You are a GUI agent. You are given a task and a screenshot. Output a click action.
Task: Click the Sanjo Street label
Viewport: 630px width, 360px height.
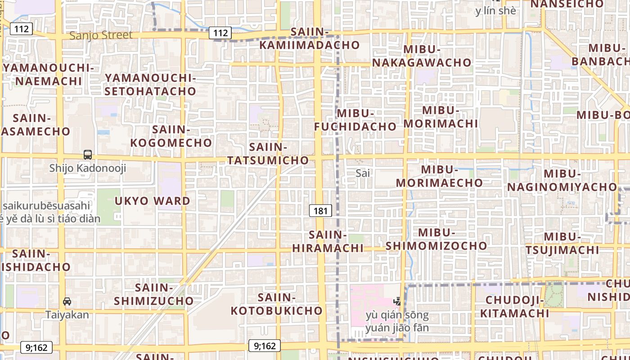click(x=101, y=35)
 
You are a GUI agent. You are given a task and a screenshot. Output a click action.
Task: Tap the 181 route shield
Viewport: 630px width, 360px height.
click(x=320, y=210)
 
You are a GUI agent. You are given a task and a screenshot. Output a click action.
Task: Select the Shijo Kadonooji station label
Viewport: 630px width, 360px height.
click(x=88, y=169)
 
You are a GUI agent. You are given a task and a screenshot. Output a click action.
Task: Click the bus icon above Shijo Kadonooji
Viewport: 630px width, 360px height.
click(x=88, y=155)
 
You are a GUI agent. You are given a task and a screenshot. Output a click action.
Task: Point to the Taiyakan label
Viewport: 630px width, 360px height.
click(x=67, y=315)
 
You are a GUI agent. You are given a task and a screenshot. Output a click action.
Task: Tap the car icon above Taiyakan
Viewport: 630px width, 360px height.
click(x=67, y=301)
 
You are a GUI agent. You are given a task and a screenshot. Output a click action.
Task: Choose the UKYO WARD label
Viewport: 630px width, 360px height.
click(x=152, y=201)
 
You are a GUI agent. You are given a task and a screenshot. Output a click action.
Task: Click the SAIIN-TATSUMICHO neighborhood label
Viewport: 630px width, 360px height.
click(x=268, y=153)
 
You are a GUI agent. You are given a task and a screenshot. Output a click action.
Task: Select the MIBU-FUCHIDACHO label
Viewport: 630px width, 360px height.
click(x=355, y=120)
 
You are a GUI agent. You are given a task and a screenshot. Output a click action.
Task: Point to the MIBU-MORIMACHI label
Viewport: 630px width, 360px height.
click(x=441, y=117)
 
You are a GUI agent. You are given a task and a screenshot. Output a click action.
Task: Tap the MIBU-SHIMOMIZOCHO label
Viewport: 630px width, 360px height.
click(x=436, y=239)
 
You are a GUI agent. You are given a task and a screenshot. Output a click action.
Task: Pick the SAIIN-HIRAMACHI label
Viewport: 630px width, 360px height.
click(x=328, y=241)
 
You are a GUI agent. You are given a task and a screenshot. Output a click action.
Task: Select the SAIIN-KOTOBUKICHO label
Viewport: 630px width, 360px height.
click(x=277, y=304)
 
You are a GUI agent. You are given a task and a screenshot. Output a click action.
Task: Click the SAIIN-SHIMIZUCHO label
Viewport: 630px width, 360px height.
click(x=153, y=294)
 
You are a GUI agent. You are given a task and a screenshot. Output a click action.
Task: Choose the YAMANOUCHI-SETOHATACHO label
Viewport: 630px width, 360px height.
click(x=150, y=84)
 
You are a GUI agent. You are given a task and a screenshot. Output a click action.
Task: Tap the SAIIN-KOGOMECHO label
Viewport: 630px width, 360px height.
click(x=171, y=136)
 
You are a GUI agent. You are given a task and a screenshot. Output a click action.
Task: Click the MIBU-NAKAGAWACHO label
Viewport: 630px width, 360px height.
click(x=422, y=56)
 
